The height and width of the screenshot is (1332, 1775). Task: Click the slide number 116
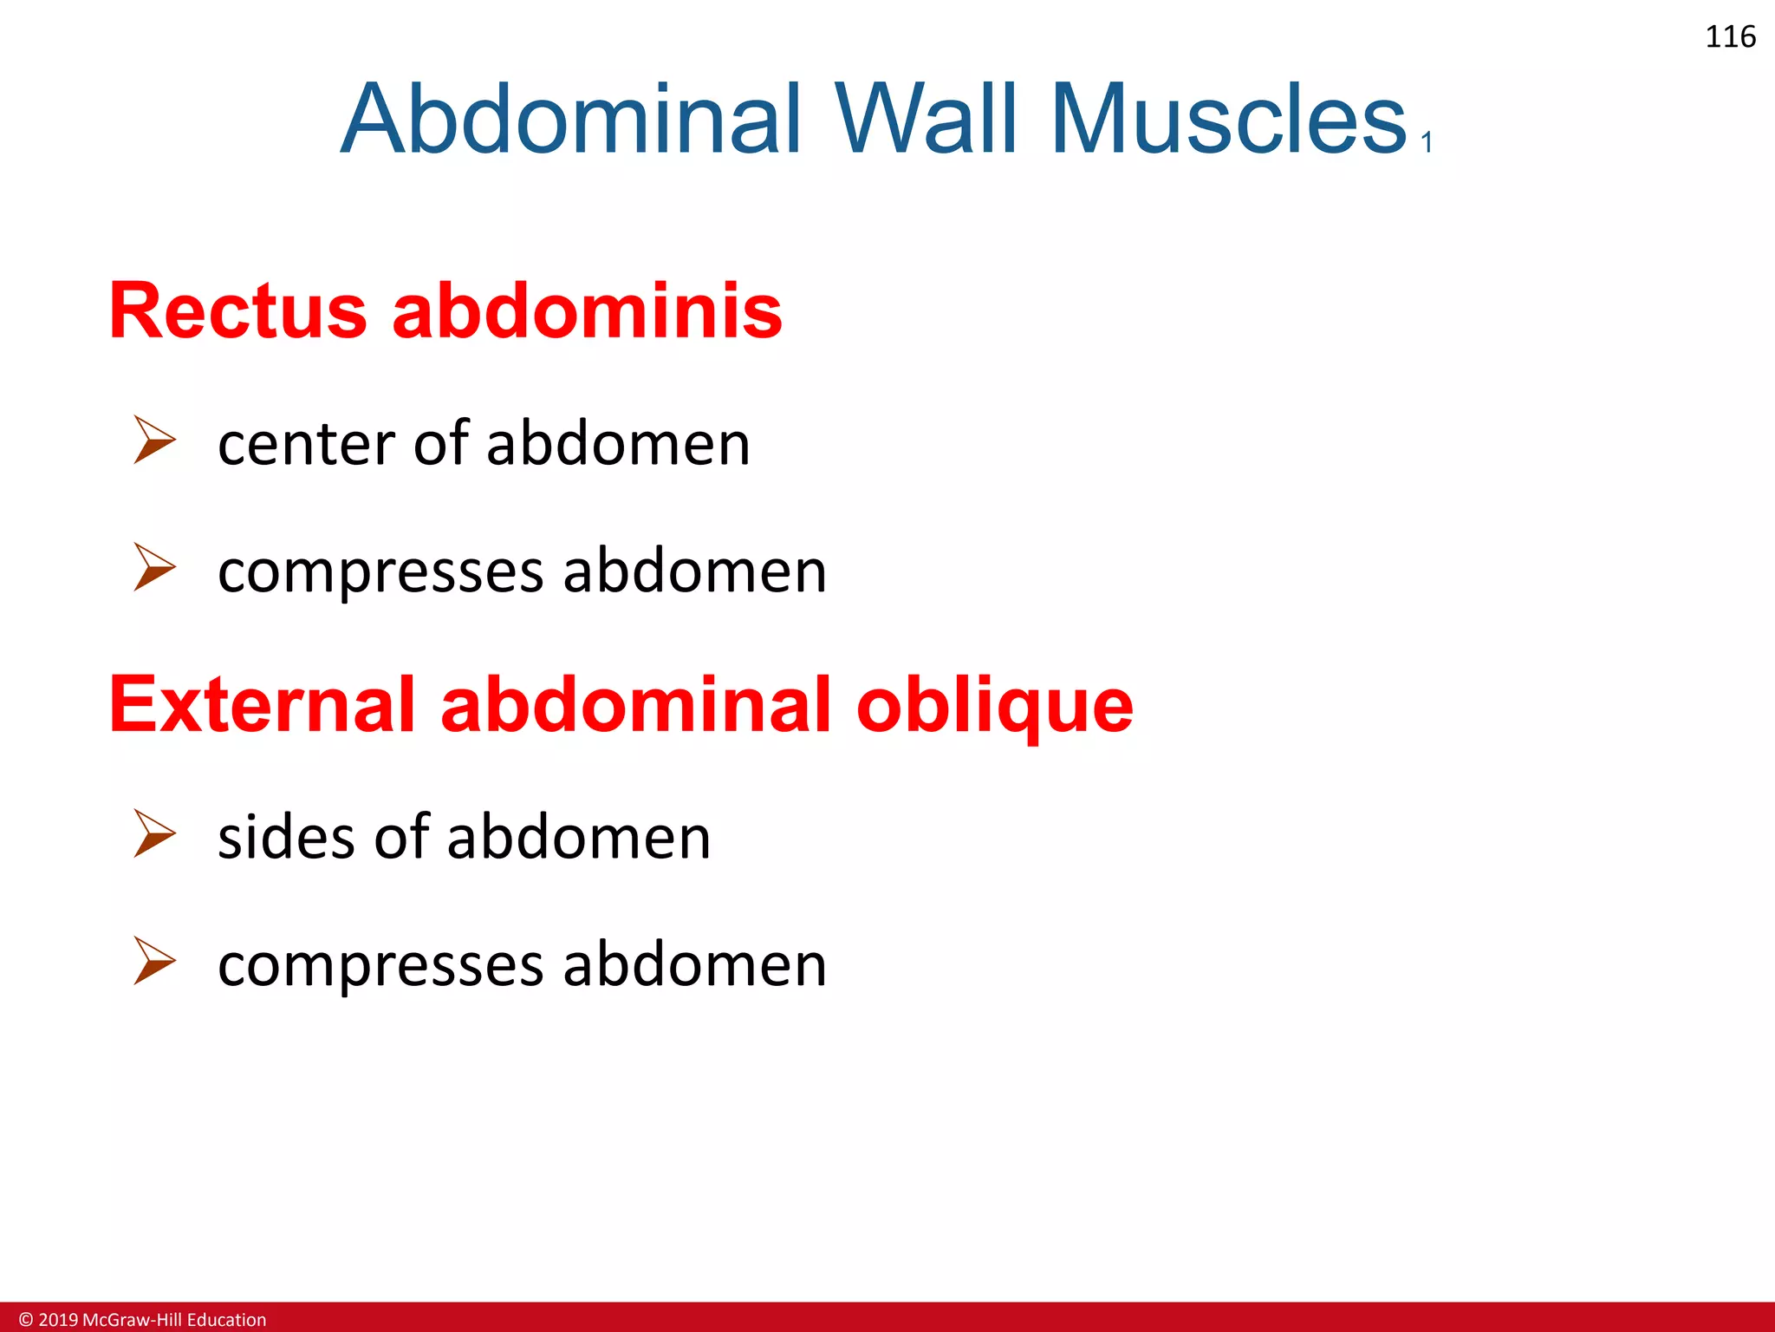tap(1730, 37)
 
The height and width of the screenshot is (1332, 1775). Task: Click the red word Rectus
tap(238, 311)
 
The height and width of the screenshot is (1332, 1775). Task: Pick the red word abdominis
tap(587, 311)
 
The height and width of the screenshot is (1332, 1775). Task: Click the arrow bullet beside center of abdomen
tap(154, 440)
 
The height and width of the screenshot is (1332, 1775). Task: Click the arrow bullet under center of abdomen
tap(154, 567)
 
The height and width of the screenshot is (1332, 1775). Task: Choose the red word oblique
tap(994, 705)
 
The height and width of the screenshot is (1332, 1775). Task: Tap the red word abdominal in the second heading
tap(635, 705)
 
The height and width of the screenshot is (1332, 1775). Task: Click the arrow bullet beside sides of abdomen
tap(154, 833)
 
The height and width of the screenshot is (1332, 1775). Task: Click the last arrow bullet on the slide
tap(154, 961)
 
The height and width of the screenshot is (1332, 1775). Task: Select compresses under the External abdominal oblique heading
tap(380, 967)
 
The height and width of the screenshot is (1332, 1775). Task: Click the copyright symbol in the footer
tap(26, 1320)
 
